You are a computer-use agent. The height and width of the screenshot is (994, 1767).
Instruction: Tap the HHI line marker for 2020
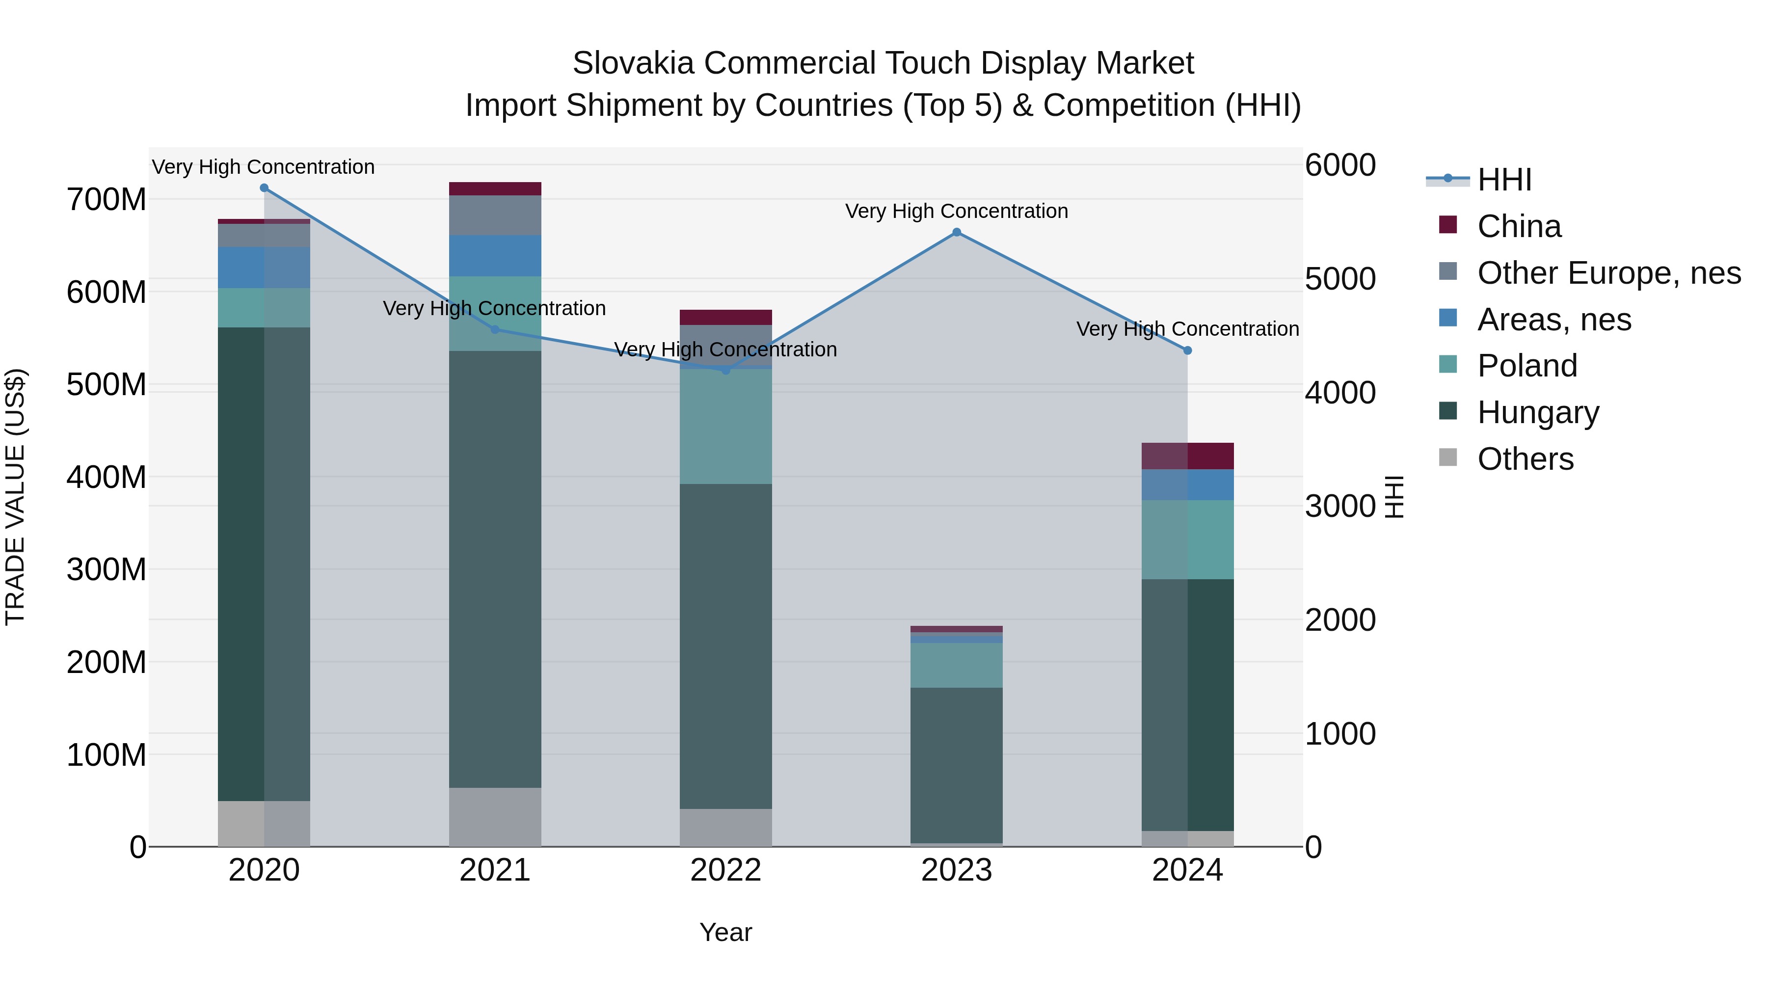264,188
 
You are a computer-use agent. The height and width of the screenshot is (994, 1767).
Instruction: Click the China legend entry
1519,226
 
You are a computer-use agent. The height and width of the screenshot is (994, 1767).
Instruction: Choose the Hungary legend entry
1537,412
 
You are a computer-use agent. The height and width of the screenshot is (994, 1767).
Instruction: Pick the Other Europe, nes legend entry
1608,273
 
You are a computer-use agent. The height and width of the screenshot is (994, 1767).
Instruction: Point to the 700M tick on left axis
107,200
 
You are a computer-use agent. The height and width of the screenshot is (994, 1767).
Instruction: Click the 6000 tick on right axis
1339,165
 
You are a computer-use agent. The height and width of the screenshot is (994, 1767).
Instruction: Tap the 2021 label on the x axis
495,870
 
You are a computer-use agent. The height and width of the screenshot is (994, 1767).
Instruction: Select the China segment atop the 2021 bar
495,188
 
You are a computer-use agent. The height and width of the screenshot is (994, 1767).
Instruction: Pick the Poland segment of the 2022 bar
726,427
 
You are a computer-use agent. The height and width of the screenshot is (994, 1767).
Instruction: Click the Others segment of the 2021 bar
495,816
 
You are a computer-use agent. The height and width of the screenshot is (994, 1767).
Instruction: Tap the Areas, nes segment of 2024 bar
1187,484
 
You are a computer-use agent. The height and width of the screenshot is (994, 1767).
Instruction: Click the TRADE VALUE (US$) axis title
15,497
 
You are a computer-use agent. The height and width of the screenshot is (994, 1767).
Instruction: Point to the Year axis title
726,932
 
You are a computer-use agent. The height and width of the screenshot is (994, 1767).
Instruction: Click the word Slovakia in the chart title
633,63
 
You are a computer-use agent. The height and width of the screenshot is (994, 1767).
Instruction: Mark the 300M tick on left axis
107,569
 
